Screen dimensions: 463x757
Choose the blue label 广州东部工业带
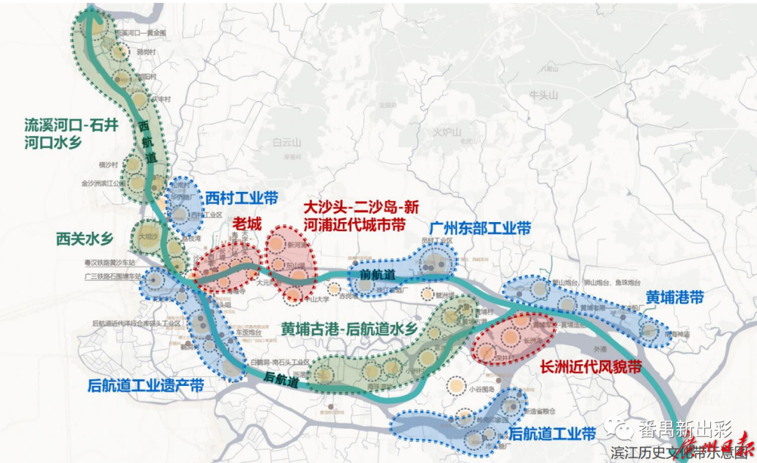480,229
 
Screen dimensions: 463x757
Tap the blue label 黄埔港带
675,298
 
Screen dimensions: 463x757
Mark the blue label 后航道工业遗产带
146,386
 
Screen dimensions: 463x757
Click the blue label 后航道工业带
552,434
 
